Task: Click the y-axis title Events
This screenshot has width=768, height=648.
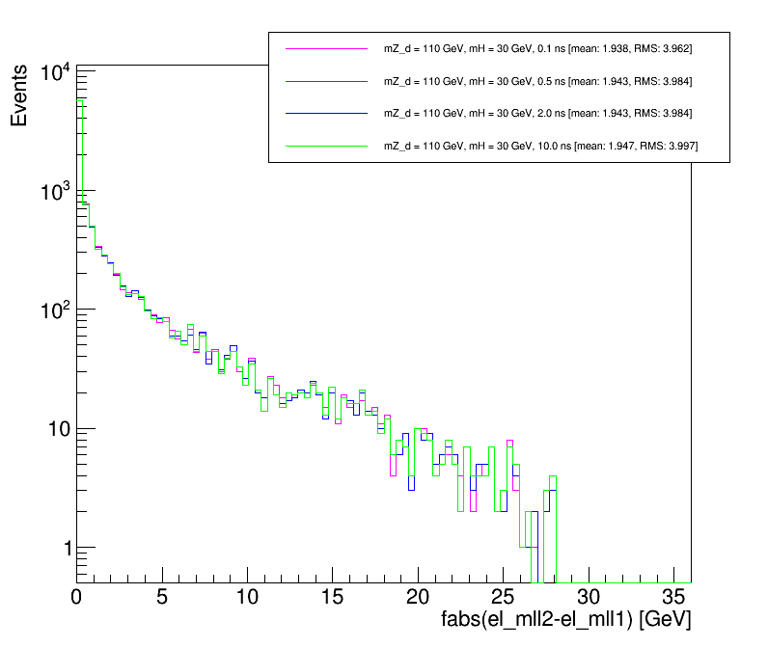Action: coord(20,100)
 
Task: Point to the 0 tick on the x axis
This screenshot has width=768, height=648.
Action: coord(77,597)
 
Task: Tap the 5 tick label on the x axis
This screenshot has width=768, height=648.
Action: coord(162,597)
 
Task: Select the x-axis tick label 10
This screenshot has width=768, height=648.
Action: coord(248,597)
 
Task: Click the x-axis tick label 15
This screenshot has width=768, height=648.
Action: coord(333,597)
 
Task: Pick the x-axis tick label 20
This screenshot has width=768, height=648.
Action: coord(418,597)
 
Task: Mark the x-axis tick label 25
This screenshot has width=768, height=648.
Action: coord(503,597)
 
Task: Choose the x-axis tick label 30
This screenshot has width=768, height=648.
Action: coord(588,597)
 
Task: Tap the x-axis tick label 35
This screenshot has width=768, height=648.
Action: coord(672,597)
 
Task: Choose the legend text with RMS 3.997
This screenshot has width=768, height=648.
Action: coord(541,146)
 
